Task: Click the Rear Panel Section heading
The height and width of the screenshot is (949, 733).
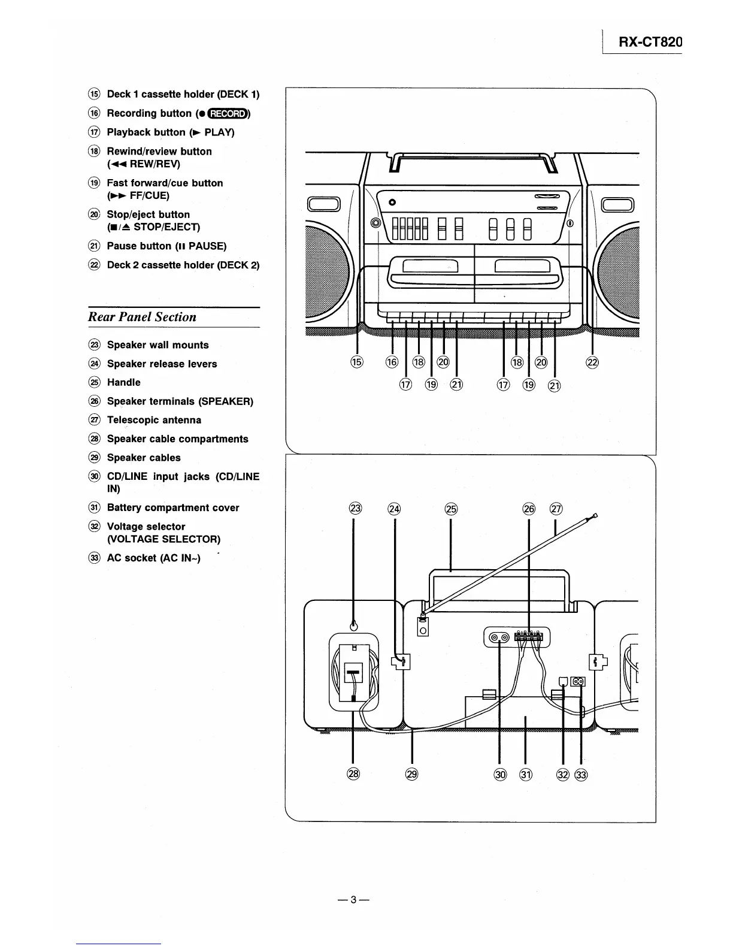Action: pos(142,317)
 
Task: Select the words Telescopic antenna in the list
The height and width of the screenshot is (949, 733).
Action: pos(154,420)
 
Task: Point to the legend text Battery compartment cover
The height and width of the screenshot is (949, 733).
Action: pos(173,507)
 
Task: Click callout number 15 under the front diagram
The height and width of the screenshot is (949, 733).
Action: pos(358,362)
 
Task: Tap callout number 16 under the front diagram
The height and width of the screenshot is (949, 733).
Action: pos(392,362)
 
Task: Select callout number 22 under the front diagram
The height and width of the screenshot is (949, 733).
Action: pos(593,362)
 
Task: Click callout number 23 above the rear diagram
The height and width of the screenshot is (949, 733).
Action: pos(355,509)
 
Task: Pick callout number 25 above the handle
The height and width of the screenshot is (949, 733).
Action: pos(450,509)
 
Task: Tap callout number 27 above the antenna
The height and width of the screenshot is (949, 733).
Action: pos(556,509)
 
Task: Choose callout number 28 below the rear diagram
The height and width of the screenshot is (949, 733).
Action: pos(353,774)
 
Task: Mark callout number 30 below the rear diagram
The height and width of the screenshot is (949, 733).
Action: pos(499,774)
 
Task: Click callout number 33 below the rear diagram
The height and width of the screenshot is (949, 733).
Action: pos(581,775)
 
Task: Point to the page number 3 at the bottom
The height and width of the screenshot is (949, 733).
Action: pos(353,899)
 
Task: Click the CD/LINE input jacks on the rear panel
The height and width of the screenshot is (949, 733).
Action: pos(499,637)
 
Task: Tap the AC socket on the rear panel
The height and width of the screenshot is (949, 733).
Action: pos(578,681)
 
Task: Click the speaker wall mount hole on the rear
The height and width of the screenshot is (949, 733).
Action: pos(354,624)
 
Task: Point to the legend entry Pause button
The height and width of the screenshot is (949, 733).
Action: pos(166,246)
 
